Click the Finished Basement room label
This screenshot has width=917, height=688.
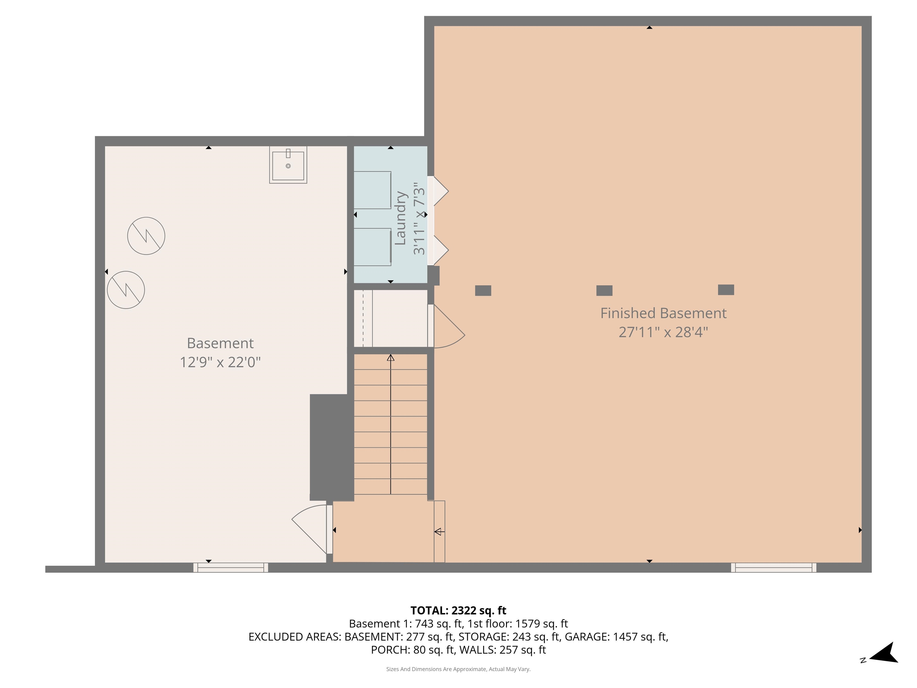(x=663, y=313)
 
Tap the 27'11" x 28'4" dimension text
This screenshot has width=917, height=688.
(x=663, y=332)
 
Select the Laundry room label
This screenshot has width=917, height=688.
(x=400, y=218)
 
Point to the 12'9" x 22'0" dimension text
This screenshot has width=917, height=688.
(x=220, y=362)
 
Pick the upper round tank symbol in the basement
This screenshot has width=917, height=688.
(x=146, y=236)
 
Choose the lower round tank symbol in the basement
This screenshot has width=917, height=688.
(x=126, y=289)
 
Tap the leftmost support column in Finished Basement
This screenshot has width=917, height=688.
(x=483, y=290)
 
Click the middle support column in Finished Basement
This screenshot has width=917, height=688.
(x=604, y=290)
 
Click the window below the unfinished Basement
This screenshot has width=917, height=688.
(x=230, y=567)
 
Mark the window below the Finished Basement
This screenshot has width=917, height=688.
(x=773, y=567)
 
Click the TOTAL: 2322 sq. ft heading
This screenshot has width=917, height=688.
(x=458, y=610)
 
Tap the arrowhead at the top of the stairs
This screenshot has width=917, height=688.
(x=390, y=357)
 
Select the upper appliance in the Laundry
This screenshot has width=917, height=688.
(x=372, y=190)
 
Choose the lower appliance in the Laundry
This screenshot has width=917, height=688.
(x=372, y=247)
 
